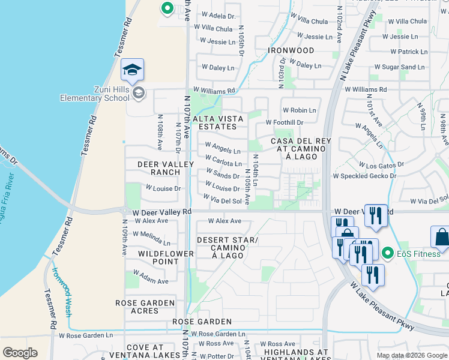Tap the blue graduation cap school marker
(x=132, y=71)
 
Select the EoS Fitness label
(x=418, y=254)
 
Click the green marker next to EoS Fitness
(x=388, y=253)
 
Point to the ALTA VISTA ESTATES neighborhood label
(x=217, y=123)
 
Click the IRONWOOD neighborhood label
(x=291, y=50)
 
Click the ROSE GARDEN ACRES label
(x=145, y=307)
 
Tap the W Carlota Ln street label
(x=223, y=160)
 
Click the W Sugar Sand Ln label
(x=400, y=67)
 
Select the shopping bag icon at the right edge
(x=441, y=239)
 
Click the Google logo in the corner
(x=20, y=353)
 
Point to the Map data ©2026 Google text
(x=411, y=355)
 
